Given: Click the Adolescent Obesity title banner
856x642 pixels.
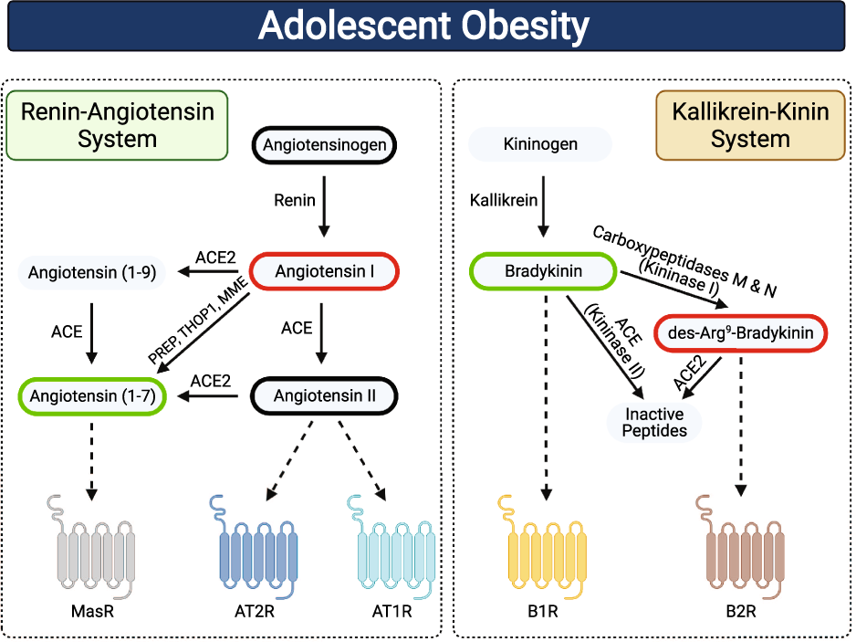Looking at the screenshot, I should coord(428,26).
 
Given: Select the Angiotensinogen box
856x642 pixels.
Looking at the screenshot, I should coord(325,144).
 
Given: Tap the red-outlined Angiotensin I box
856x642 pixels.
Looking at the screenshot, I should coord(324,271).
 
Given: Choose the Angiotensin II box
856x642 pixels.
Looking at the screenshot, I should coord(325,396).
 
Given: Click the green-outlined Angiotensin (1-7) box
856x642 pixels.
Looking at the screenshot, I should coord(91,396).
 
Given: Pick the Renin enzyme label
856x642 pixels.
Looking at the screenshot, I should coord(295,199).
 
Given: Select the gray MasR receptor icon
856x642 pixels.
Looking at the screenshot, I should coord(91,548).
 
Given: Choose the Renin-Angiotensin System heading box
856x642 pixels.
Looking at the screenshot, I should coord(117,125).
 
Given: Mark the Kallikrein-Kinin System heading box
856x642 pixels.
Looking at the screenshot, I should coord(750,125).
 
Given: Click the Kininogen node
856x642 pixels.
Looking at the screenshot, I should coord(540,144).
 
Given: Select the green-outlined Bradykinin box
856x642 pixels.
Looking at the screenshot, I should coord(544,271).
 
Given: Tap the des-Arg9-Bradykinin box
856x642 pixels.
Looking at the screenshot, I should coord(740,334).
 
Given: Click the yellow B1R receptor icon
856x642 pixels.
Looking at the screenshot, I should coord(544,548).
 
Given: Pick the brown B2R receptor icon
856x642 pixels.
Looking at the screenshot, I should coord(740,548).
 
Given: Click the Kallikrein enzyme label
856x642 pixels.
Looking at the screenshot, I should coord(505,199).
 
